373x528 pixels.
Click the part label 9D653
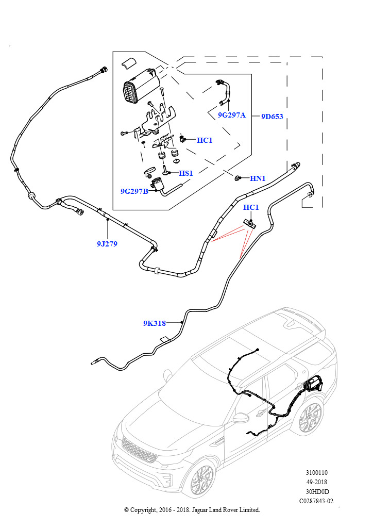tap(272, 117)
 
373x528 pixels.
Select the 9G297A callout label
tap(231, 115)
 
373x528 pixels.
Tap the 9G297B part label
tap(134, 191)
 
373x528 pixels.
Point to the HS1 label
tap(185, 173)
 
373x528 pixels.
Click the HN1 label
tap(258, 178)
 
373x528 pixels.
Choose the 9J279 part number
tap(107, 244)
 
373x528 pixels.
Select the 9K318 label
tap(155, 323)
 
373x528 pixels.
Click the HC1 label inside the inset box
tap(205, 140)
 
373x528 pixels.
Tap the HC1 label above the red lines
tap(251, 207)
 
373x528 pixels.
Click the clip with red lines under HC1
tap(250, 223)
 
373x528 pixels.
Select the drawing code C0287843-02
tap(316, 501)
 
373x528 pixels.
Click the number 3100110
tap(316, 473)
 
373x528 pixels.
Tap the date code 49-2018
tap(316, 482)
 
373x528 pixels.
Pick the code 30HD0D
tap(316, 491)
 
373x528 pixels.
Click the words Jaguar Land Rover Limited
tap(226, 510)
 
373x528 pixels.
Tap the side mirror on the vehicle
tap(242, 418)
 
